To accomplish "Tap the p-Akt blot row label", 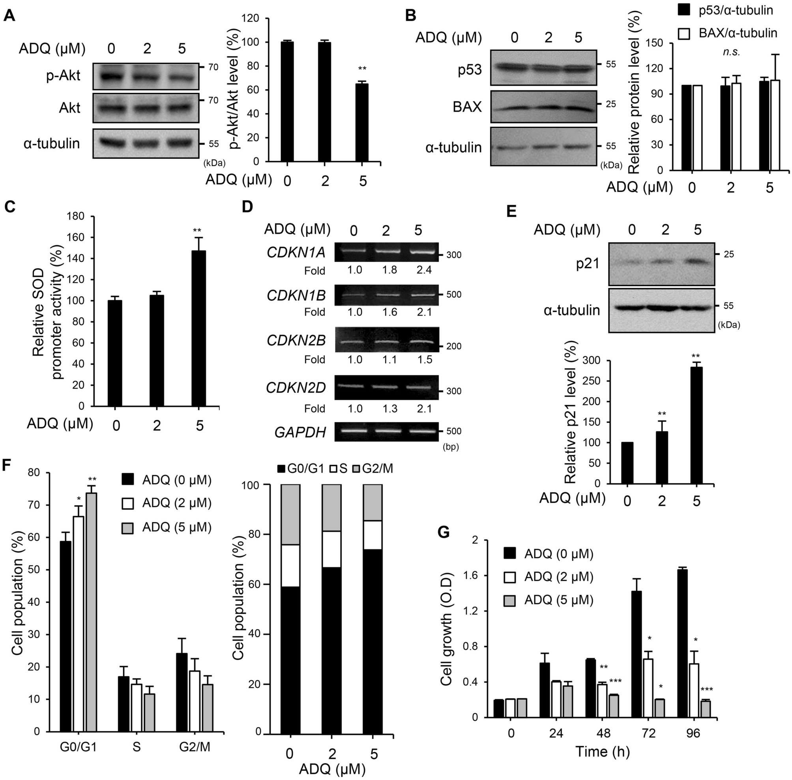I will coord(64,76).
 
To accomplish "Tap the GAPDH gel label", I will coord(300,432).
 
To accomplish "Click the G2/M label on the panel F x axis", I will coord(195,747).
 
